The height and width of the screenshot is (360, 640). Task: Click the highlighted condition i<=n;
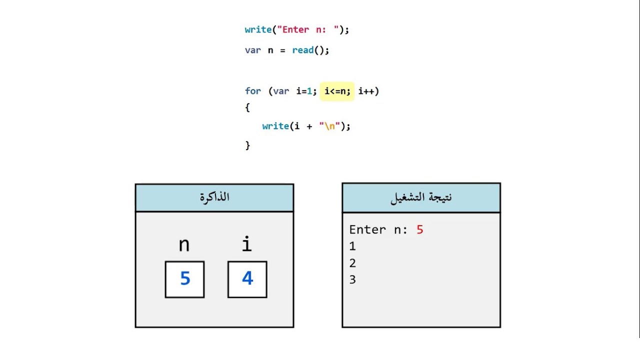click(337, 91)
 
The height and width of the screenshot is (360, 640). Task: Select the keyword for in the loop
click(252, 91)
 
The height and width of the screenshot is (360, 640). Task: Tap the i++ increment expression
click(368, 91)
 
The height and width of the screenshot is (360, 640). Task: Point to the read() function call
click(310, 50)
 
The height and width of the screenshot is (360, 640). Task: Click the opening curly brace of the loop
click(247, 107)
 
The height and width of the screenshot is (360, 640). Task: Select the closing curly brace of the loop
click(247, 145)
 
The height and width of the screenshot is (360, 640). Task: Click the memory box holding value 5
click(184, 279)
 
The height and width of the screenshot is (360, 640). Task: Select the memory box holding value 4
click(247, 279)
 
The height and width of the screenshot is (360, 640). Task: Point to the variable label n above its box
click(184, 245)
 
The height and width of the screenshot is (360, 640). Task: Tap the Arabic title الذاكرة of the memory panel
click(214, 197)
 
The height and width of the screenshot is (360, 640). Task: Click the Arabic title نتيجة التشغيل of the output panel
click(421, 197)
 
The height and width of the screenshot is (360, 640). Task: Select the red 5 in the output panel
click(419, 230)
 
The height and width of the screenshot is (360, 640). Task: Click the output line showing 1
click(352, 246)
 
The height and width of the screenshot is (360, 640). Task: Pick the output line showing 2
click(352, 263)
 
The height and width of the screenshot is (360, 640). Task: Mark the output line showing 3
click(352, 279)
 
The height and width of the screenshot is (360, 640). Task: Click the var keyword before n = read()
click(252, 50)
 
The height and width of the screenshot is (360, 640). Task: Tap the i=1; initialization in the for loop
click(306, 91)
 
